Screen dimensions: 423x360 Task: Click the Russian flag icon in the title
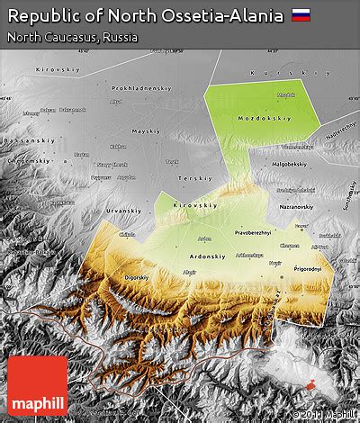tap(302, 15)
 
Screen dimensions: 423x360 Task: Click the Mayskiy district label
tap(145, 131)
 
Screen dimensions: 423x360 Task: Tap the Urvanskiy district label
tap(123, 211)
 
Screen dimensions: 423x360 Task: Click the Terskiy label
tap(196, 179)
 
